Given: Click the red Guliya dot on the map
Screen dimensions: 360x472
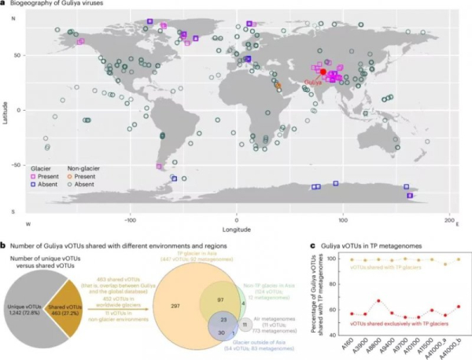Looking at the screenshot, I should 323,72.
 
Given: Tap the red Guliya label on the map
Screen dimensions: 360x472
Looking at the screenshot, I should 312,81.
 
